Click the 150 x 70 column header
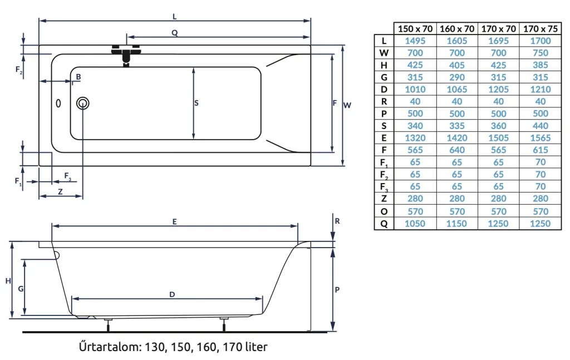pyautogui.click(x=415, y=28)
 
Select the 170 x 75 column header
pyautogui.click(x=540, y=28)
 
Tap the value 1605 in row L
pyautogui.click(x=456, y=41)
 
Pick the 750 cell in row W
pyautogui.click(x=540, y=53)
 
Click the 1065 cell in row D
pyautogui.click(x=456, y=89)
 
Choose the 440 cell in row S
pyautogui.click(x=540, y=126)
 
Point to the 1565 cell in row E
pyautogui.click(x=540, y=138)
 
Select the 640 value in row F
pyautogui.click(x=456, y=150)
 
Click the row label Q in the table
pyautogui.click(x=384, y=224)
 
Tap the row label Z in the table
pyautogui.click(x=384, y=199)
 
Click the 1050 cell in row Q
pyautogui.click(x=415, y=224)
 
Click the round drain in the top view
pyautogui.click(x=83, y=103)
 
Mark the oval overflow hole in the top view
pyautogui.click(x=60, y=103)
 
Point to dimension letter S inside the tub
pyautogui.click(x=197, y=103)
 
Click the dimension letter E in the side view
pyautogui.click(x=174, y=221)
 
